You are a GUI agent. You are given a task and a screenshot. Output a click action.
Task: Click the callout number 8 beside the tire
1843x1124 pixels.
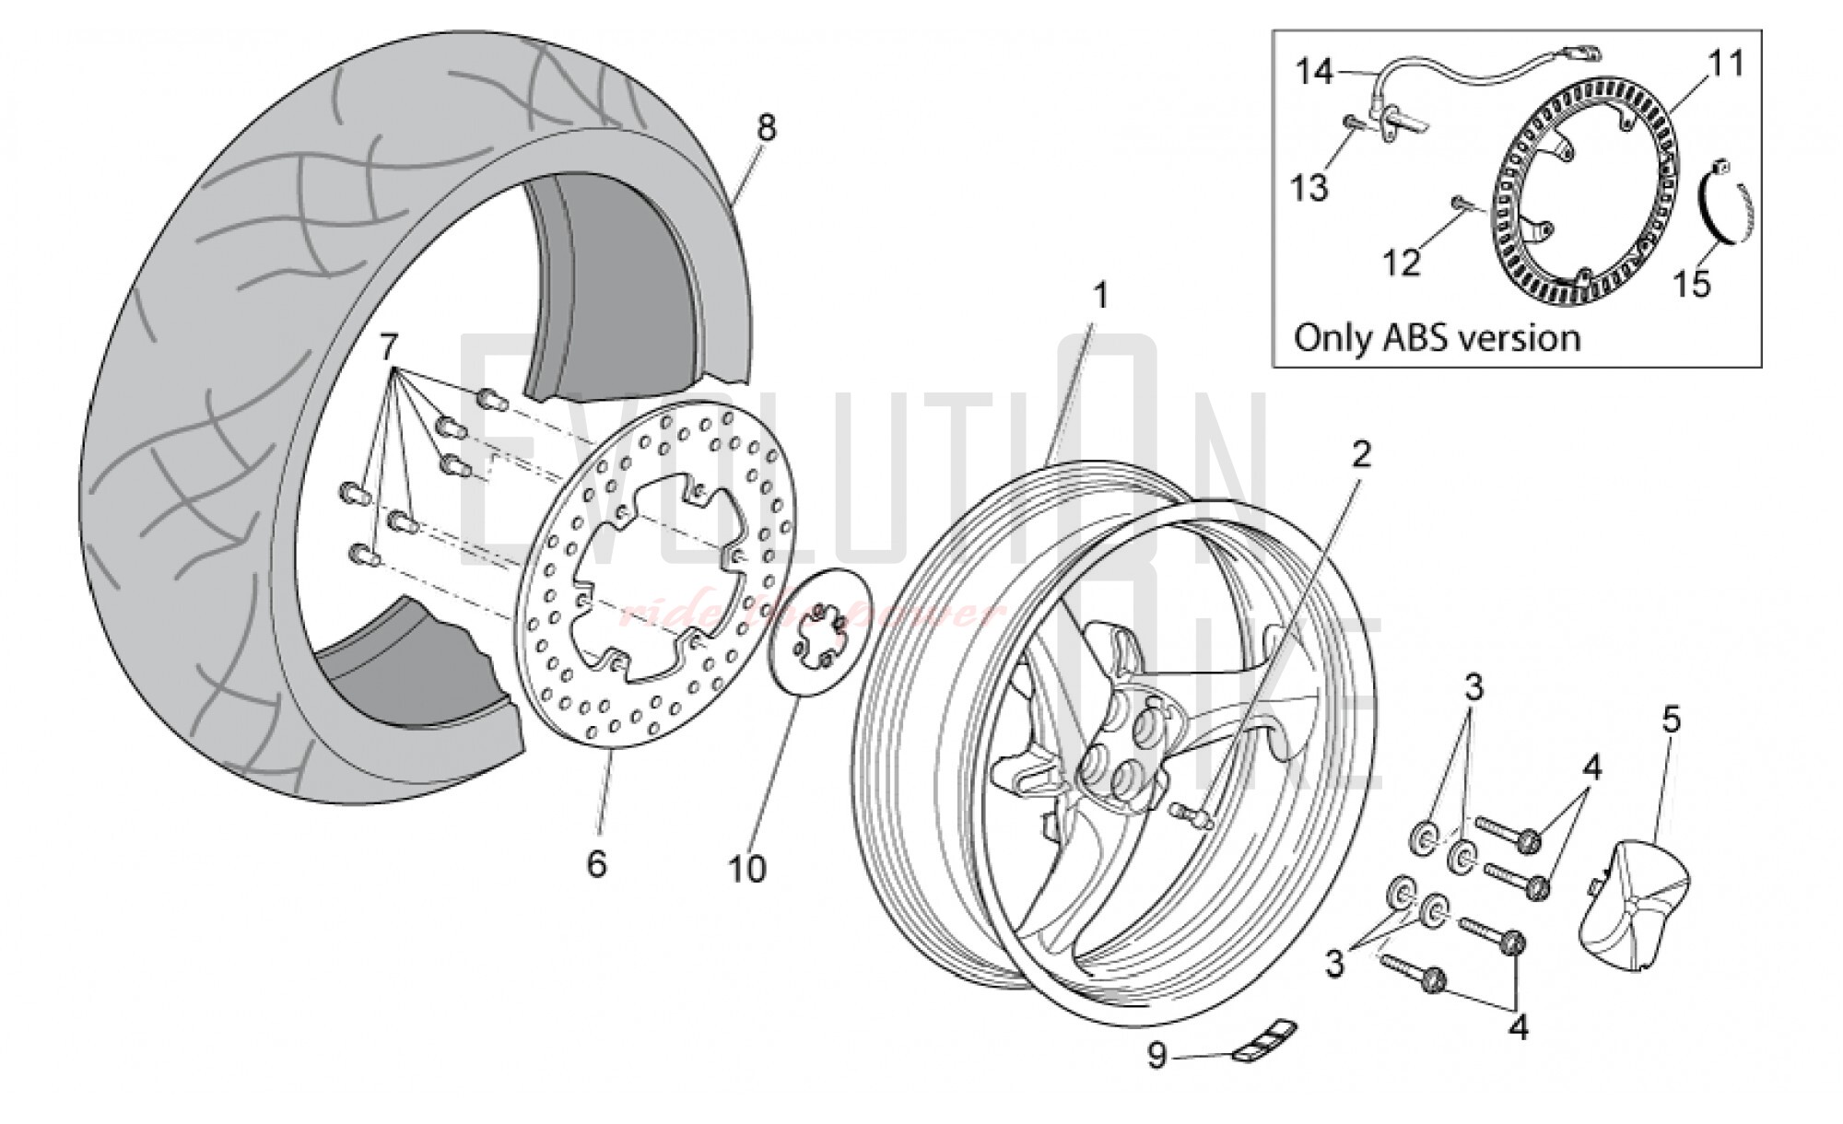766,127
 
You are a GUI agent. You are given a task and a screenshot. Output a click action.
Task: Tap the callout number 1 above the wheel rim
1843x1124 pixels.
1099,297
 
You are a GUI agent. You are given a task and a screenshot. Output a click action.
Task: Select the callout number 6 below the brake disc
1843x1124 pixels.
596,863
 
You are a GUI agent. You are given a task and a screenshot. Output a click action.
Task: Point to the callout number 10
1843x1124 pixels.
746,868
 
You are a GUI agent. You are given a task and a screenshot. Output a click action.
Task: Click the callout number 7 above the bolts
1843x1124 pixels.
389,347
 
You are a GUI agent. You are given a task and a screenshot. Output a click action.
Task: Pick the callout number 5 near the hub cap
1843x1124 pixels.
1671,720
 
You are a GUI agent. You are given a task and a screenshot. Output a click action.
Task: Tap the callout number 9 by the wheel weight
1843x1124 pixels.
1156,1056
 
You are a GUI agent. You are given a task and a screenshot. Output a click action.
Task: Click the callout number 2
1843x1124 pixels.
1361,453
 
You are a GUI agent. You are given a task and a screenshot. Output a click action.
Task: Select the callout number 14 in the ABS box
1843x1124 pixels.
1315,71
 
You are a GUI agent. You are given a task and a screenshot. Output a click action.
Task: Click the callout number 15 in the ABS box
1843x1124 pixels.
1692,283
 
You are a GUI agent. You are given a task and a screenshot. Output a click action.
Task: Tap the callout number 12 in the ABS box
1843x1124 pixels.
1402,263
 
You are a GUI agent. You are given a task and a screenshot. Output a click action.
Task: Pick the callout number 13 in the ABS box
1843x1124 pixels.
1309,187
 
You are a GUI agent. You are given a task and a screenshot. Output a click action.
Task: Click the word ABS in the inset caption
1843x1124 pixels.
1418,338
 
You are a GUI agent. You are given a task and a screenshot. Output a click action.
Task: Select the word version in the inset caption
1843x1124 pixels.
1523,338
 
